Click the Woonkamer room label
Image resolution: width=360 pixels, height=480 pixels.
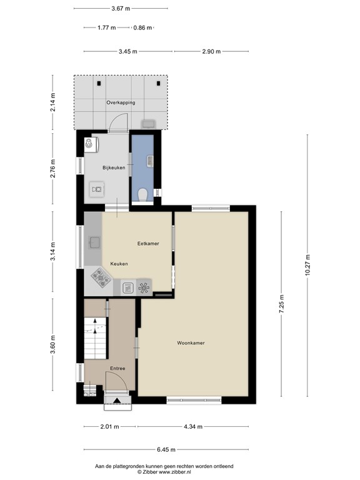click(x=191, y=343)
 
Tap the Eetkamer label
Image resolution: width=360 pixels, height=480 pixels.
click(x=148, y=244)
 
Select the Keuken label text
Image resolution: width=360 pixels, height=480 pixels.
click(x=119, y=264)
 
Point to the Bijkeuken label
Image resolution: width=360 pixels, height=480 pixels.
click(x=114, y=167)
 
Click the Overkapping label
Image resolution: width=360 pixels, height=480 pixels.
click(x=121, y=102)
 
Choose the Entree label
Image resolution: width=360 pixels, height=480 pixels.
click(x=117, y=368)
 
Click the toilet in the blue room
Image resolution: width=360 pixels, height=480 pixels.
click(x=142, y=195)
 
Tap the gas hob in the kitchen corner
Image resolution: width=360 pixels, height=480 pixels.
click(x=102, y=278)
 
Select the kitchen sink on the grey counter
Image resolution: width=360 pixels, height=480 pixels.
click(x=95, y=242)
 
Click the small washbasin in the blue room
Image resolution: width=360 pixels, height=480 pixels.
click(x=150, y=161)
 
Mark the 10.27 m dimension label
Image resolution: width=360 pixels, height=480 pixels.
click(x=307, y=266)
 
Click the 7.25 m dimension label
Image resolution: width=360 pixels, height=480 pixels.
click(x=282, y=304)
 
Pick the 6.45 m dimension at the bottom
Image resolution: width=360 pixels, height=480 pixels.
click(x=166, y=450)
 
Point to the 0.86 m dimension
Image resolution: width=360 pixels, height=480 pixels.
click(x=142, y=28)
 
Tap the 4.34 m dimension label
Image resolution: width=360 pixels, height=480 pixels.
click(x=193, y=426)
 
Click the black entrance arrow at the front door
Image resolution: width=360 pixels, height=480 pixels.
click(x=117, y=400)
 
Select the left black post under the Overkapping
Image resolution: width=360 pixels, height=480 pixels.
click(x=99, y=83)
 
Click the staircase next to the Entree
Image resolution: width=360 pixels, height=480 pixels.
click(x=95, y=338)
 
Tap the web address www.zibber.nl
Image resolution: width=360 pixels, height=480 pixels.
click(x=174, y=472)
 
